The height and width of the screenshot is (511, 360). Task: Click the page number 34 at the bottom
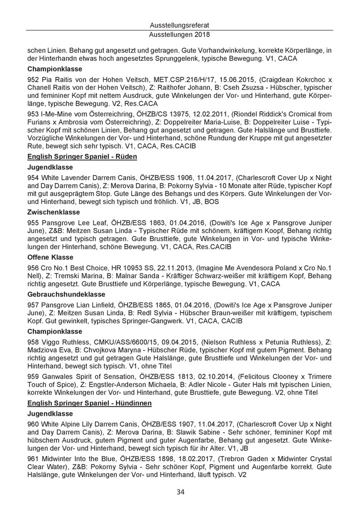180,492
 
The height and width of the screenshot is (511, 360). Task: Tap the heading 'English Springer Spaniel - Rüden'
82,156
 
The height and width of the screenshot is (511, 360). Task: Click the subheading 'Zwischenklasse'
53,212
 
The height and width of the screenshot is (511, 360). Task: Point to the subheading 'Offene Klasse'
50,257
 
